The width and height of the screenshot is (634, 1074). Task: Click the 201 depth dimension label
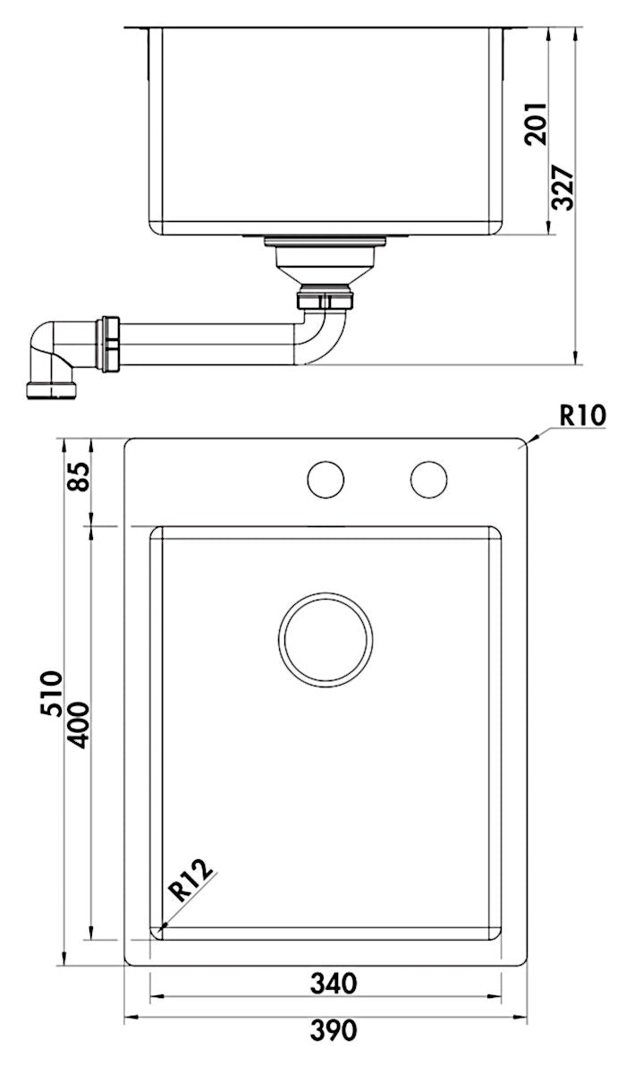pyautogui.click(x=536, y=124)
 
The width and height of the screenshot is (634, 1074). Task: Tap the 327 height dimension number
pyautogui.click(x=562, y=188)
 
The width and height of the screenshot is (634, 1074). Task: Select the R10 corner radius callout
pyautogui.click(x=582, y=415)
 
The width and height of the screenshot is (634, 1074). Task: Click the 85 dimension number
pyautogui.click(x=79, y=476)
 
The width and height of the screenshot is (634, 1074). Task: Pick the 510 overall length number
pyautogui.click(x=51, y=694)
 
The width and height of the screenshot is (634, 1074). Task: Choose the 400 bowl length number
pyautogui.click(x=78, y=725)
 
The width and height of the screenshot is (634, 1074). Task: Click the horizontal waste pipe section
pyautogui.click(x=206, y=345)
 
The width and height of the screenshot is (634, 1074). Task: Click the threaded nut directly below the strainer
pyautogui.click(x=325, y=298)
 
